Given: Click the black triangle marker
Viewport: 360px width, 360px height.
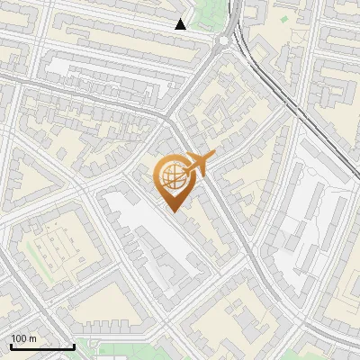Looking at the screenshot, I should [x=181, y=24].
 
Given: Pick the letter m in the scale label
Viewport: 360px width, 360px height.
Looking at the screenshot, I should [x=33, y=338].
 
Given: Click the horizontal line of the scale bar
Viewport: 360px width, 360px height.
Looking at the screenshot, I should [x=42, y=346].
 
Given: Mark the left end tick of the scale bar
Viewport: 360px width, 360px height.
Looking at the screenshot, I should [x=11, y=345].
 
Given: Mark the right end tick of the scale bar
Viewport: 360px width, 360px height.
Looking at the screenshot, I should [x=74, y=345].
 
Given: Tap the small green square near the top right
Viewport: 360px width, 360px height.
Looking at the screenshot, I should [x=284, y=18].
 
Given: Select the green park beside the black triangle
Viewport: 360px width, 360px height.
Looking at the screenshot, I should [x=205, y=13].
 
